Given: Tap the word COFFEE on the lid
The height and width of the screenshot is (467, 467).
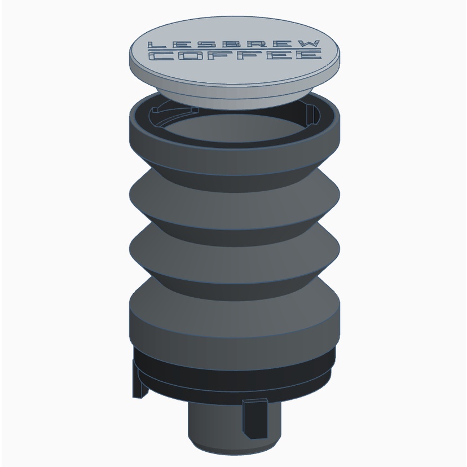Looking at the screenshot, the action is [x=235, y=55].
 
